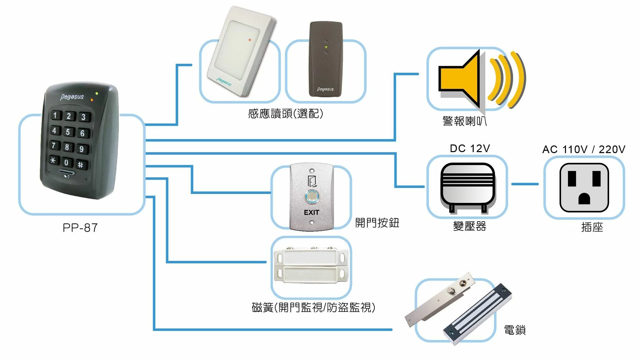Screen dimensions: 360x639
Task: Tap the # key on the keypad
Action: click(81, 164)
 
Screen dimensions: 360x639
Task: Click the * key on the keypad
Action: click(53, 160)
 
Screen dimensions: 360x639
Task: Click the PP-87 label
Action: click(80, 228)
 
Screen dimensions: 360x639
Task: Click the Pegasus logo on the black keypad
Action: click(72, 97)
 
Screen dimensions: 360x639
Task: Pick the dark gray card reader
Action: click(326, 60)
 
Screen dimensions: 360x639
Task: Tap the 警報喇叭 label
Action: click(464, 121)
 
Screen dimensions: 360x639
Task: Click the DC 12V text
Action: click(470, 148)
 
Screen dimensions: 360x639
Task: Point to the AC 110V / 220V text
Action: click(584, 149)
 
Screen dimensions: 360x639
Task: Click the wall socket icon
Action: click(584, 188)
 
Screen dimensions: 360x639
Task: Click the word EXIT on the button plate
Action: click(311, 213)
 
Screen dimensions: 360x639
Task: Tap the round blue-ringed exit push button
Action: click(312, 197)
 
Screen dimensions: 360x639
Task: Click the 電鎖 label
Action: click(515, 330)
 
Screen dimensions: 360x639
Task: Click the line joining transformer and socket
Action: click(525, 184)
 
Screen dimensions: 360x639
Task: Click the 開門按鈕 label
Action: click(377, 223)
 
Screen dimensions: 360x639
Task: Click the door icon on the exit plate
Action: click(312, 181)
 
